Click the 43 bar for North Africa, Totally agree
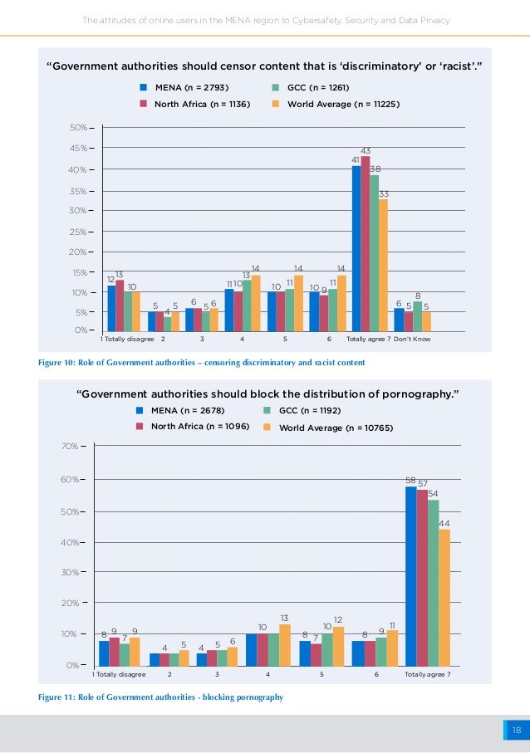[366, 243]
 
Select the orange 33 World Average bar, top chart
[383, 264]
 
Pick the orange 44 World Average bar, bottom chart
[444, 597]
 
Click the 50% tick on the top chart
[79, 128]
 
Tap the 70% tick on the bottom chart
[70, 447]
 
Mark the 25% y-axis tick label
[79, 232]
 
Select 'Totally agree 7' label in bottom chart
[427, 675]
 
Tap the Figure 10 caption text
[202, 363]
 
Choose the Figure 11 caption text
[161, 697]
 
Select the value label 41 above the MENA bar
[356, 159]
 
